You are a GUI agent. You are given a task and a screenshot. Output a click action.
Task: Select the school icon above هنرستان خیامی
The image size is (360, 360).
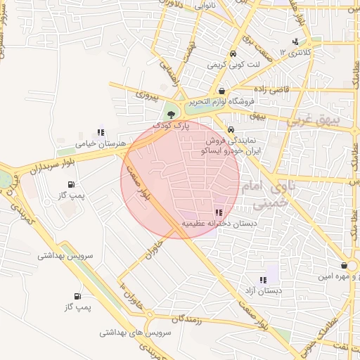point(101,131)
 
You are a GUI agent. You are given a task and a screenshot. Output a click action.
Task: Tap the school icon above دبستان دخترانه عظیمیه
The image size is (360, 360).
point(219,212)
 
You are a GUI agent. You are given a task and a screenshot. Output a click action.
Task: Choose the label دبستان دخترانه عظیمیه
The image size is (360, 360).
point(219,224)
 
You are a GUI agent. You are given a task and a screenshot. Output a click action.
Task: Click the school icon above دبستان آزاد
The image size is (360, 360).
point(264,280)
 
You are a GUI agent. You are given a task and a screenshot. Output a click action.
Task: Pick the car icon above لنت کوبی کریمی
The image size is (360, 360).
point(232,53)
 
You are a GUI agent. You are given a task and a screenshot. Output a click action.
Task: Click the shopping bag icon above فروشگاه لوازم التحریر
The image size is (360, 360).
point(222,91)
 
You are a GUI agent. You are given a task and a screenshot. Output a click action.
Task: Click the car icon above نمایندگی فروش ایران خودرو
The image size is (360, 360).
point(231,129)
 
